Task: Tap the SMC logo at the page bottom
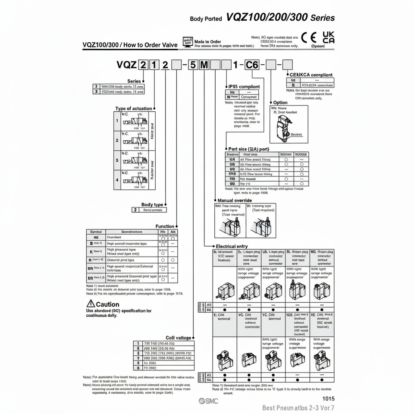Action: (x=208, y=401)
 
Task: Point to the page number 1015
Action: (x=328, y=399)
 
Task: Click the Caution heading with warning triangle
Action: (x=103, y=304)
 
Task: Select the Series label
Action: (x=135, y=81)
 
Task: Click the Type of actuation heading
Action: (x=134, y=108)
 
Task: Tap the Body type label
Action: (x=152, y=204)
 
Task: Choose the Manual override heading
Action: (x=235, y=201)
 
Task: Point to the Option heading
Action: (x=280, y=103)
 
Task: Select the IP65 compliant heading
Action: (x=244, y=87)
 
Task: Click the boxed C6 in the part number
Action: (x=252, y=65)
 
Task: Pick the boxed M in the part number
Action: (x=204, y=65)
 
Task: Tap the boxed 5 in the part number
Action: (x=193, y=65)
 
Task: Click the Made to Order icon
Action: (x=188, y=41)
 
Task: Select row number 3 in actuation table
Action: (x=117, y=160)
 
